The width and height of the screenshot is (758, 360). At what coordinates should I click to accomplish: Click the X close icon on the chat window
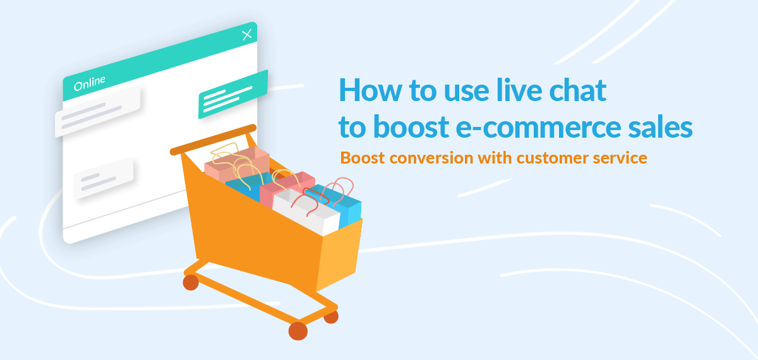point(247,35)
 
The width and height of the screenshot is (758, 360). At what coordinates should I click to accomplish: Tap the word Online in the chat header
point(90,83)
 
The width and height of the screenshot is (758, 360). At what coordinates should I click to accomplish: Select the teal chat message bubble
point(233,94)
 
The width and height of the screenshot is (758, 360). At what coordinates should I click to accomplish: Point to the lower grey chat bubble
point(104,177)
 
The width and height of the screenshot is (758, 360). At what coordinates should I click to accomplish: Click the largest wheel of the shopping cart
point(298,330)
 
